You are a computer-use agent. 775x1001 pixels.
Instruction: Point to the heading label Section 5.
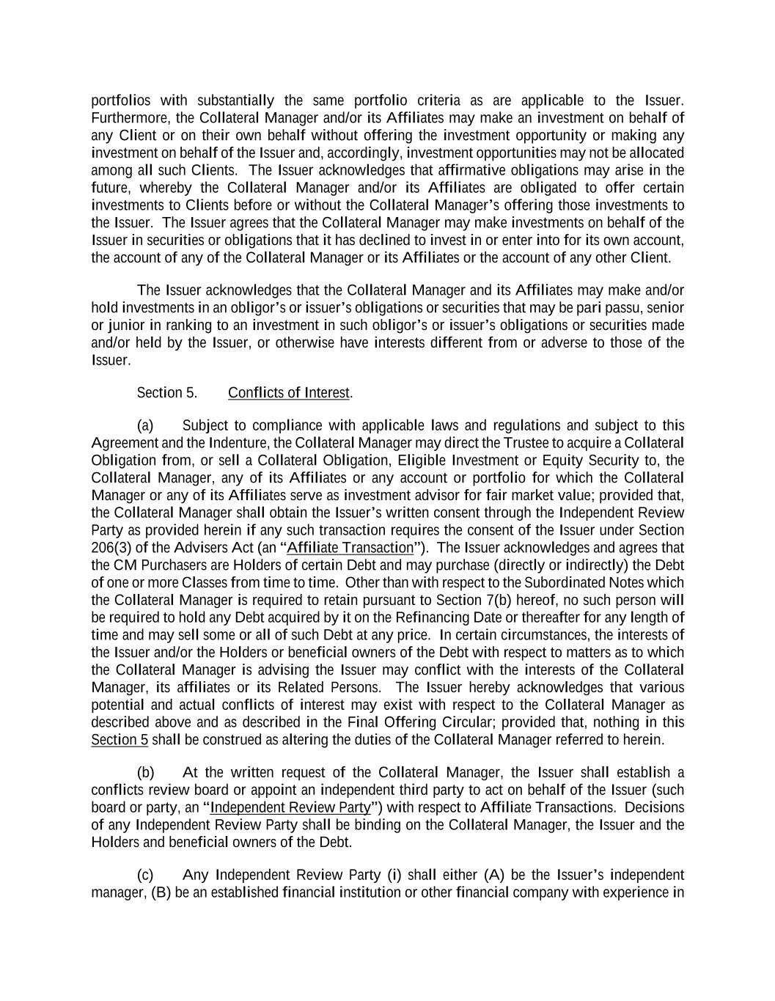(x=166, y=393)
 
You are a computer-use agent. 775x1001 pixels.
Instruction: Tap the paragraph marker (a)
(x=145, y=426)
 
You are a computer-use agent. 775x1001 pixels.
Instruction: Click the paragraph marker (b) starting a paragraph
(x=145, y=773)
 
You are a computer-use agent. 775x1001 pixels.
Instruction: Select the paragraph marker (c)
(x=145, y=876)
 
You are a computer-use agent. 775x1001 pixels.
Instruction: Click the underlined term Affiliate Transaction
(x=350, y=549)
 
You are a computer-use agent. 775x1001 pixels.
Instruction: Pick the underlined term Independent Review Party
(x=290, y=808)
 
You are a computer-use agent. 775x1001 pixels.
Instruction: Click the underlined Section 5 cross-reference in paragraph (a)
(x=120, y=741)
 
